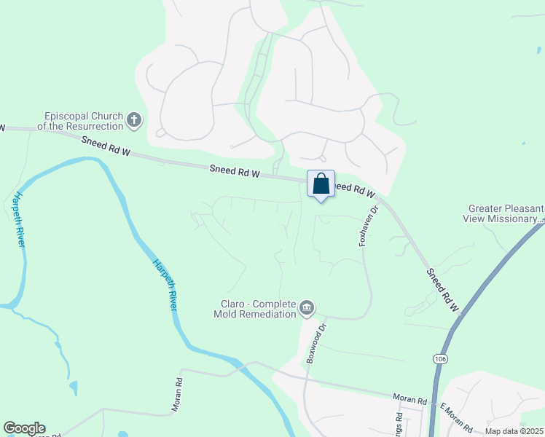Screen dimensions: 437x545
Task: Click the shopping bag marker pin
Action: [321, 184]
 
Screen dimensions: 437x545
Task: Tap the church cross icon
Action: [133, 120]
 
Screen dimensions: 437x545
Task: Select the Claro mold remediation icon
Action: [307, 309]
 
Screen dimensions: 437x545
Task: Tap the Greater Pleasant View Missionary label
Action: [503, 212]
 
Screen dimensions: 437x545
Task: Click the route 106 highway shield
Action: [442, 359]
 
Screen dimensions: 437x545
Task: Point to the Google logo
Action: [24, 428]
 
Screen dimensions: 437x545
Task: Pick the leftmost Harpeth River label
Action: [19, 219]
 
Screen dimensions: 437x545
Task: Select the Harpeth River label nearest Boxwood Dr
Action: [165, 285]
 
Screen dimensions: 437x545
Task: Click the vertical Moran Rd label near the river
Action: [176, 395]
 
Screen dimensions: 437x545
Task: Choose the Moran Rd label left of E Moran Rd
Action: [409, 399]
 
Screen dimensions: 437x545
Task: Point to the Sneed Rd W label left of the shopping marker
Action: [235, 170]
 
